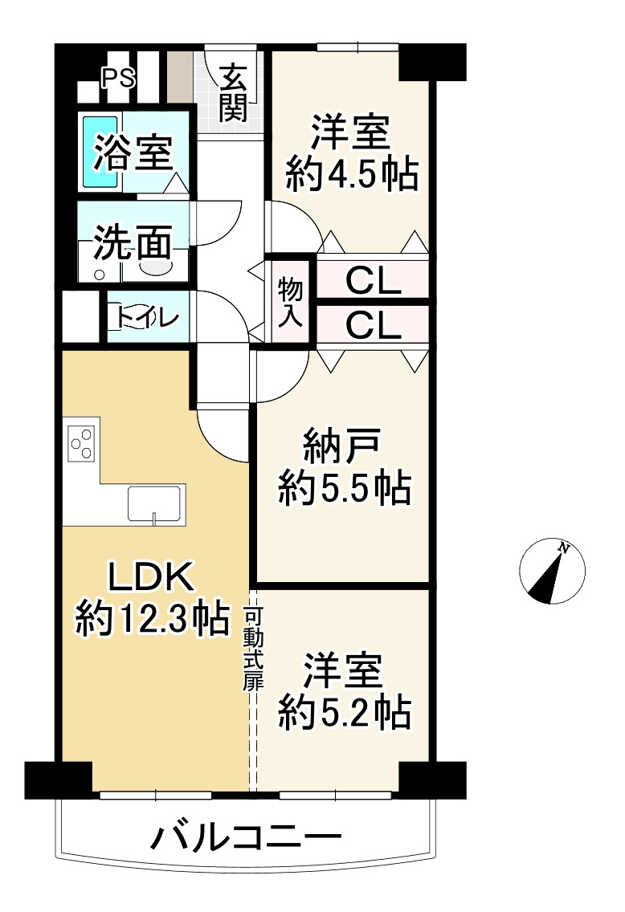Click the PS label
118,78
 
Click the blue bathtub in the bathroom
100,153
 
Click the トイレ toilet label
147,318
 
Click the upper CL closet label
372,281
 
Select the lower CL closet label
372,326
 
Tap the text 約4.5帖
352,174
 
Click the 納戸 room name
344,445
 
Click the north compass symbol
553,572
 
